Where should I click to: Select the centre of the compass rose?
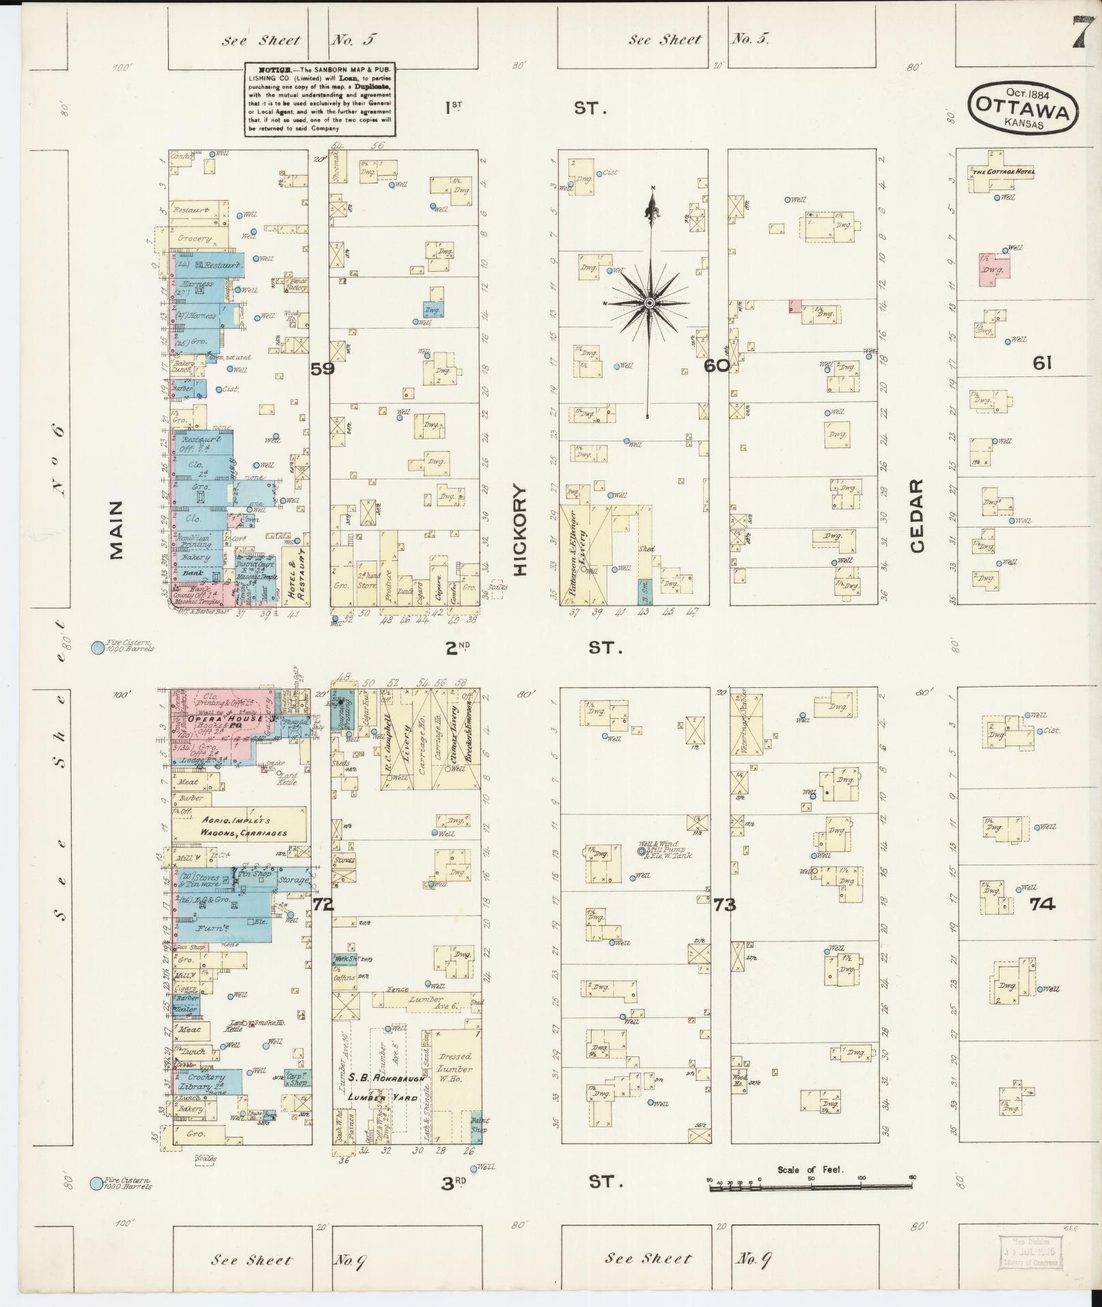click(x=650, y=303)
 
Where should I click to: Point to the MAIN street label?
click(x=116, y=530)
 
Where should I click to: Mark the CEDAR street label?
click(x=916, y=515)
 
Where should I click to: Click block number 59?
click(x=322, y=370)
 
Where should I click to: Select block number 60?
click(x=717, y=366)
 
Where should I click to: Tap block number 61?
click(x=1041, y=363)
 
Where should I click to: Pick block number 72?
click(x=322, y=905)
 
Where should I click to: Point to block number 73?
click(x=724, y=905)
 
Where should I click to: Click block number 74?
click(x=1043, y=905)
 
